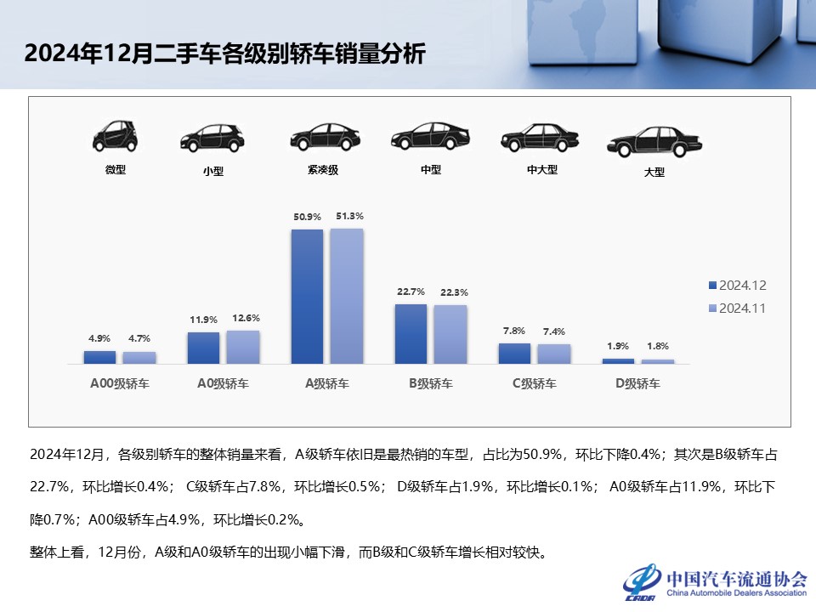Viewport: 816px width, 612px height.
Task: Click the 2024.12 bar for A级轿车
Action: pos(307,297)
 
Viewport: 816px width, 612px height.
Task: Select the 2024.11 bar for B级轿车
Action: pos(450,334)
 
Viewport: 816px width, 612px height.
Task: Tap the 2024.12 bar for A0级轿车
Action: pos(203,348)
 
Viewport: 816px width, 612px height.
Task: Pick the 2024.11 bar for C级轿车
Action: pos(554,354)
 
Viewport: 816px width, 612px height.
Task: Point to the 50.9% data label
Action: pos(307,217)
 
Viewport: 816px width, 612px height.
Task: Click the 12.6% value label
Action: pos(244,318)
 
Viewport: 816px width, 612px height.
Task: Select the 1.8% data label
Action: pos(657,346)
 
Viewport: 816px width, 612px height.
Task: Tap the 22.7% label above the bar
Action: pos(411,292)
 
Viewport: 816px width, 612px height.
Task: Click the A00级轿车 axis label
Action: pos(120,383)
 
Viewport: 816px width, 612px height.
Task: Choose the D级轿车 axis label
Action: pos(637,383)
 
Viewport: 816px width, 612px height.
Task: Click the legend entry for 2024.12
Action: pos(737,286)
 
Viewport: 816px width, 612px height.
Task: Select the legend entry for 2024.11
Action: pos(737,309)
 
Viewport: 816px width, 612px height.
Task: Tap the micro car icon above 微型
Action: pos(115,136)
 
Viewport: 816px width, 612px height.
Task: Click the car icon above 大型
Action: pos(654,142)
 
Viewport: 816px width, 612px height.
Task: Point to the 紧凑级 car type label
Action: pos(323,170)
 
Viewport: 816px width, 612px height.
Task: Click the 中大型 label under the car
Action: pos(541,169)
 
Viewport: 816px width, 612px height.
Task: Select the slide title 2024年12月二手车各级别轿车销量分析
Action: pos(224,54)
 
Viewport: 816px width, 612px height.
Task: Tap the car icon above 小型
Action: pos(212,139)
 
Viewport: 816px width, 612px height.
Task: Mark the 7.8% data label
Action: pos(513,331)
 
